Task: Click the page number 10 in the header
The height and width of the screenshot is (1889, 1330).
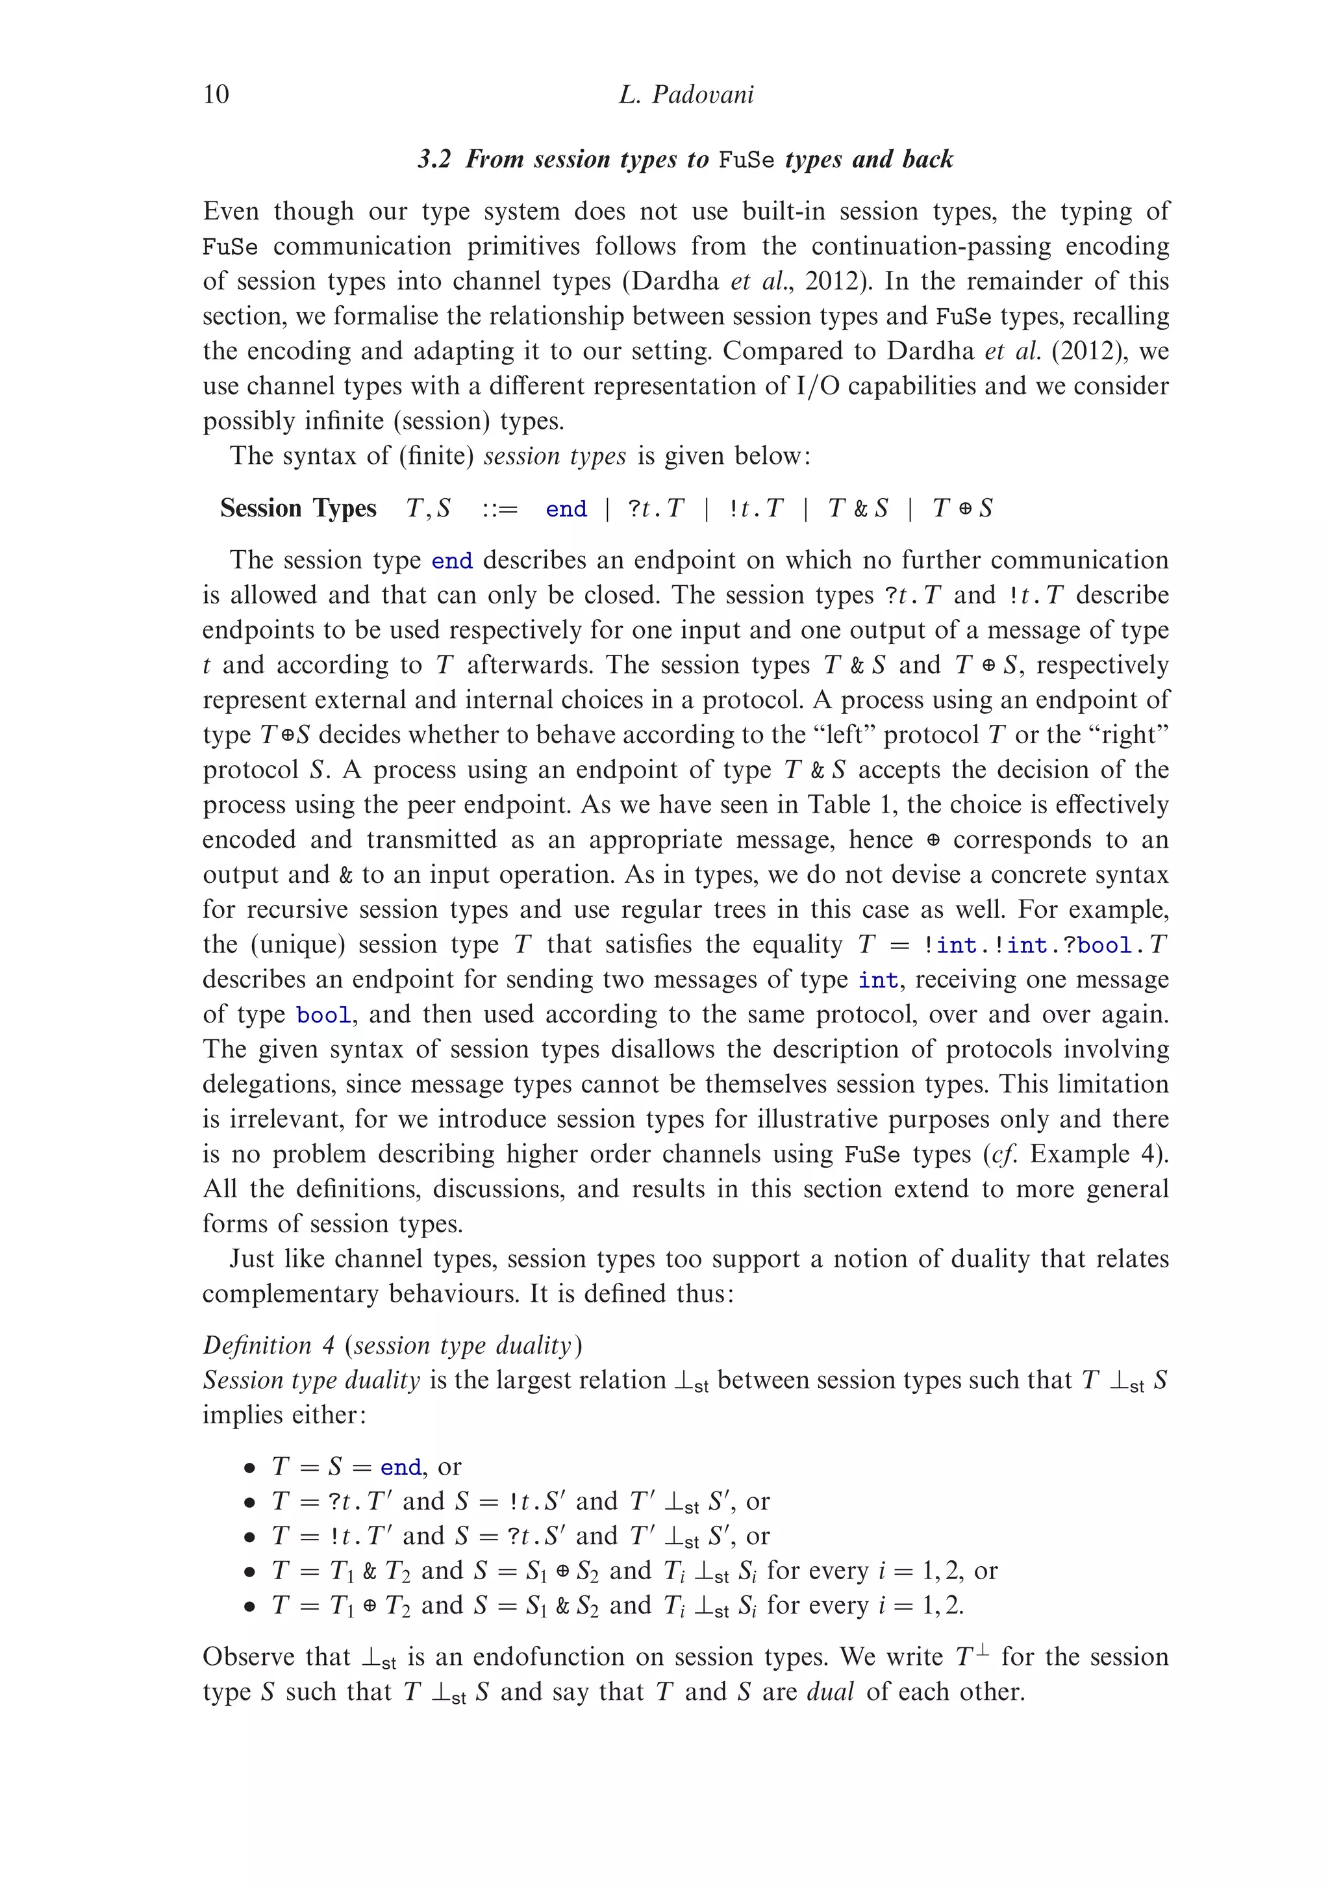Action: (x=216, y=95)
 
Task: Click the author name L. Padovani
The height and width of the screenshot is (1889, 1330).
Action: (x=685, y=95)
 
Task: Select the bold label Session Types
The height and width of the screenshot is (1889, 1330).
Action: (x=297, y=509)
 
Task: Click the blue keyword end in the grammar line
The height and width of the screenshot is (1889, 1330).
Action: (x=566, y=509)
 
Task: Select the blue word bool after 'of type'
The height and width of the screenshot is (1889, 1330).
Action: (x=323, y=1015)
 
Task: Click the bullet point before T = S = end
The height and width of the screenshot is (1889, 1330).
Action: (x=250, y=1467)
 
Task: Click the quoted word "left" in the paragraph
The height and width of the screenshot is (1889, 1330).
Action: (x=845, y=735)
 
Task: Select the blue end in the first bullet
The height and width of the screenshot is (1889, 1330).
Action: (x=401, y=1467)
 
